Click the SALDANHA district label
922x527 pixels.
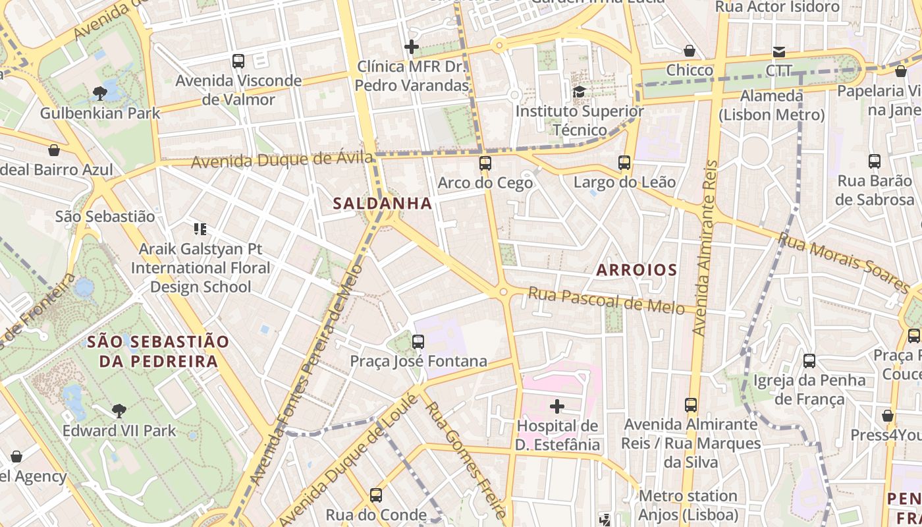[383, 204]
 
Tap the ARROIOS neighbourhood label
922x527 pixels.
[636, 269]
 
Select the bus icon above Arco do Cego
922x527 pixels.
[485, 163]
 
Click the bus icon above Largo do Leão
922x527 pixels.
[624, 162]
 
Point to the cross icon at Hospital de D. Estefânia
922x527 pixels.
[557, 406]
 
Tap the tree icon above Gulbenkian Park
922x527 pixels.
[100, 93]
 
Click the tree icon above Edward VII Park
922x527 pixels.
[119, 411]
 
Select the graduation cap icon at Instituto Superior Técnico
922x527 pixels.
[579, 92]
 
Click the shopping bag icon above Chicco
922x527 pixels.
[690, 51]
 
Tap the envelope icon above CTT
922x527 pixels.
[779, 51]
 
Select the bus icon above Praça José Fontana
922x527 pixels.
[418, 341]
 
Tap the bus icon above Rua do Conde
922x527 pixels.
[376, 495]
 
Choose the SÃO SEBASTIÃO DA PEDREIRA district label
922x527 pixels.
[158, 351]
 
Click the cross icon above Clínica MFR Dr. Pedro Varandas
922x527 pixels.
[412, 47]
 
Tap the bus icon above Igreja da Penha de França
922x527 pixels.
[809, 360]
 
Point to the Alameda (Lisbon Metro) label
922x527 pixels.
[771, 105]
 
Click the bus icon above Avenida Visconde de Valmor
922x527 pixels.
[238, 61]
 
